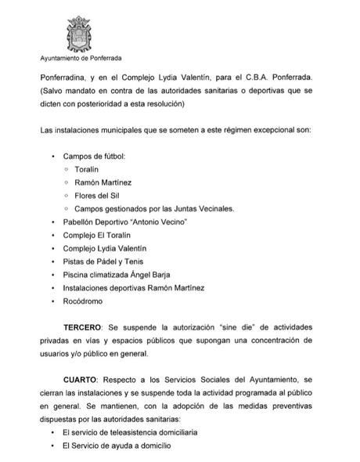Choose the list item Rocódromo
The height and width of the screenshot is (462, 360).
pyautogui.click(x=84, y=301)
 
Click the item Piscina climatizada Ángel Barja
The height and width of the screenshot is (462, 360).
pyautogui.click(x=117, y=274)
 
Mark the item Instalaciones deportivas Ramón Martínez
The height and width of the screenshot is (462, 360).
pyautogui.click(x=134, y=287)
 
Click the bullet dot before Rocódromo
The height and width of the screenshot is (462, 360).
pyautogui.click(x=52, y=301)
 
